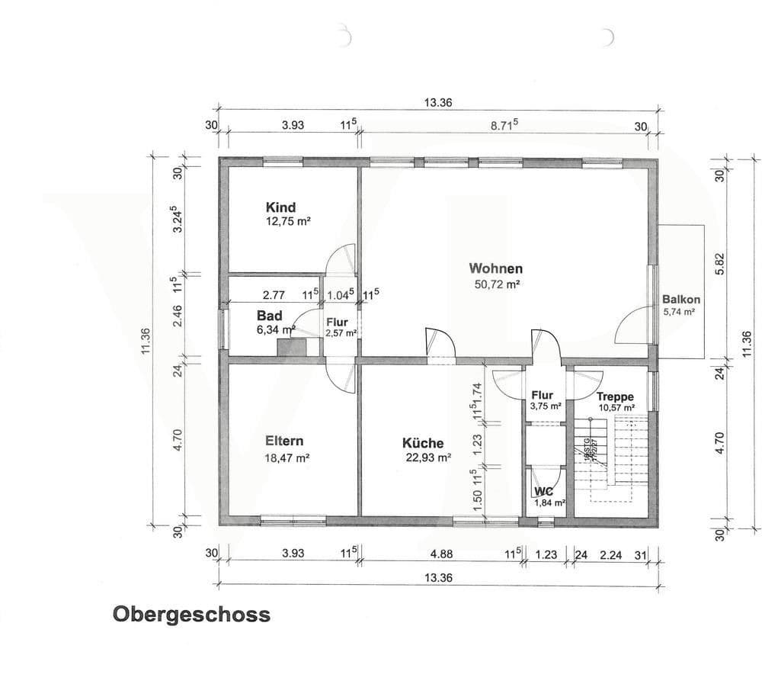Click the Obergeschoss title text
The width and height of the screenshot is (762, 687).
(x=191, y=615)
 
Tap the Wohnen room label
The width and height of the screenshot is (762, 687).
(x=495, y=268)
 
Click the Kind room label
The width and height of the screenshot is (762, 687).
(x=280, y=207)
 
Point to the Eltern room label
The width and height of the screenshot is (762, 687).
(x=284, y=441)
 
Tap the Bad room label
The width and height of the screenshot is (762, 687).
(x=270, y=316)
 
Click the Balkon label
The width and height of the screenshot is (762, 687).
(x=680, y=300)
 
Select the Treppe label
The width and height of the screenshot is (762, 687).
(x=615, y=396)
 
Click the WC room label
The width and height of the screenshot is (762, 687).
(x=543, y=492)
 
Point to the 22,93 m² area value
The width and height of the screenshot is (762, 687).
(x=429, y=458)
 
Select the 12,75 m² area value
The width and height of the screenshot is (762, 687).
(x=287, y=222)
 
